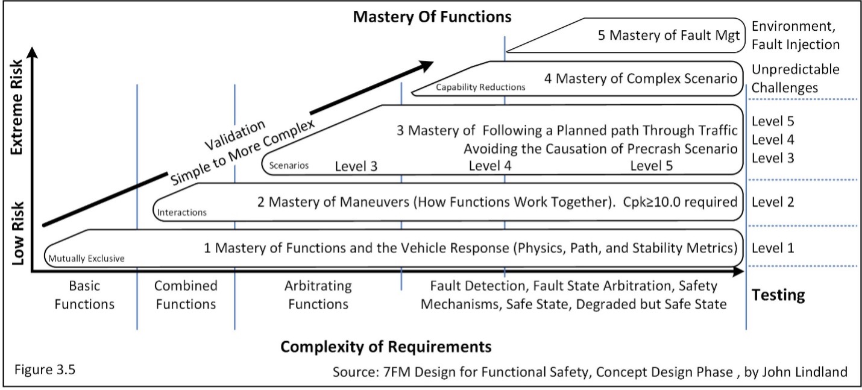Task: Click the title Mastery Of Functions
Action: pyautogui.click(x=432, y=17)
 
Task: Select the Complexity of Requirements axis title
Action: pyautogui.click(x=386, y=348)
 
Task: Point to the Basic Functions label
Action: pyautogui.click(x=84, y=295)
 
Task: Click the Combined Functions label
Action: pyautogui.click(x=186, y=295)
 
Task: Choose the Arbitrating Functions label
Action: pyautogui.click(x=318, y=295)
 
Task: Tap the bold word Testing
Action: pyautogui.click(x=778, y=295)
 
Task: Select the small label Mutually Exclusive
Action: pyautogui.click(x=87, y=259)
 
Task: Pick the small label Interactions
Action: pyautogui.click(x=181, y=212)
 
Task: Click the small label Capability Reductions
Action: pyautogui.click(x=480, y=87)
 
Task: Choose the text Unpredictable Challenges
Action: pyautogui.click(x=795, y=78)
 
